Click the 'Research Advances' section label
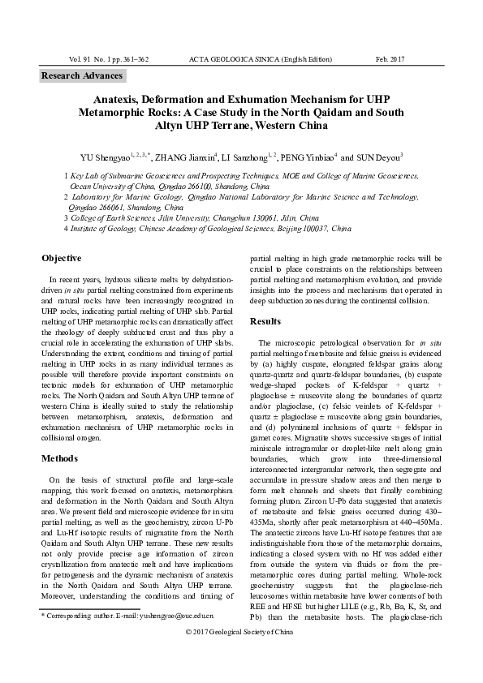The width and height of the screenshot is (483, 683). click(83, 76)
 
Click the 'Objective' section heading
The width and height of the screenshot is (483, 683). click(62, 258)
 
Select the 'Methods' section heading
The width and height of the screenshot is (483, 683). click(60, 458)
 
